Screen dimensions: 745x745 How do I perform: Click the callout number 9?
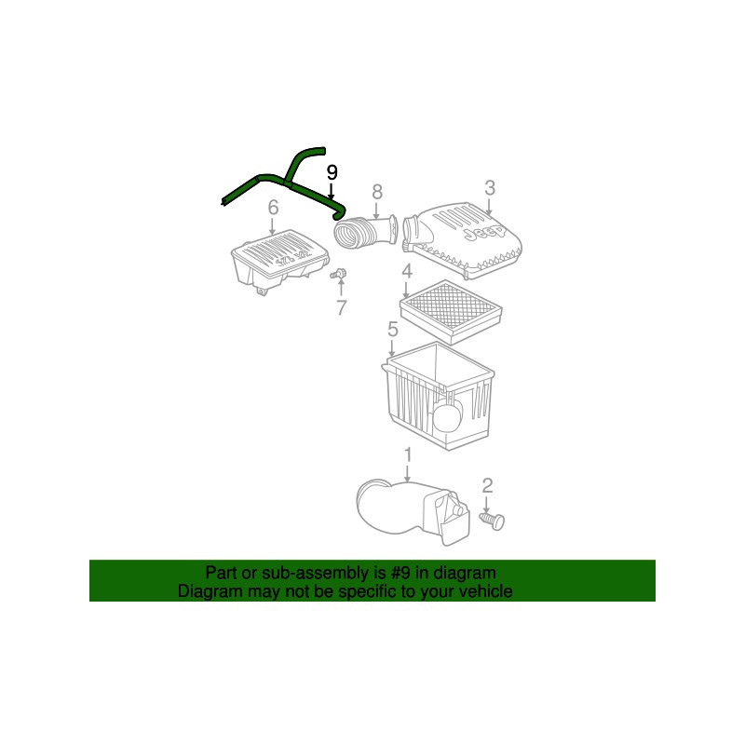[x=332, y=172]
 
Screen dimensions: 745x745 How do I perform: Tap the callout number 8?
[x=377, y=192]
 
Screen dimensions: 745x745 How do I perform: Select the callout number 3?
[x=490, y=188]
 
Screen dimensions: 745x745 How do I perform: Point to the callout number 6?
[x=273, y=208]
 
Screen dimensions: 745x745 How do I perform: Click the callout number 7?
[x=342, y=308]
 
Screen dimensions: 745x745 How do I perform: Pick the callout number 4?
[x=407, y=271]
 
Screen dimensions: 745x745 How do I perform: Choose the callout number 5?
[x=392, y=330]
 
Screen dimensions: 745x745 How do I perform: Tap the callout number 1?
[x=408, y=454]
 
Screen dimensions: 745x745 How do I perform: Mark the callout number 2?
[x=487, y=485]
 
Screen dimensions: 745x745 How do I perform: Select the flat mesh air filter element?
[x=451, y=312]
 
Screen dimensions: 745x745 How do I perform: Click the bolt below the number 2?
[x=493, y=521]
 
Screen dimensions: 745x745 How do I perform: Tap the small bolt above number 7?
[x=338, y=274]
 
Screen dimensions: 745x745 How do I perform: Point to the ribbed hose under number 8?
[x=365, y=231]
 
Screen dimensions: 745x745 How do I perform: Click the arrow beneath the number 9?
[x=332, y=191]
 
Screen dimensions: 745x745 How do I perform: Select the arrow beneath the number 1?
[x=408, y=473]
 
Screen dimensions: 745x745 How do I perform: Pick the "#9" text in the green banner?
[x=400, y=573]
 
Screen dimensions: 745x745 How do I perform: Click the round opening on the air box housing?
[x=448, y=413]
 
